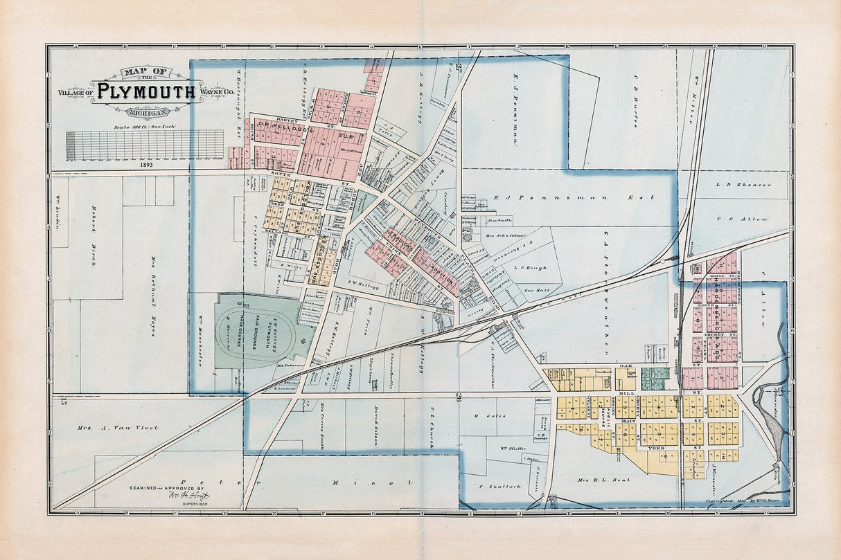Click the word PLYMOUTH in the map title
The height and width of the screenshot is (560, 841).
[x=145, y=91]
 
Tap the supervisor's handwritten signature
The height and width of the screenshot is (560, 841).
[x=187, y=496]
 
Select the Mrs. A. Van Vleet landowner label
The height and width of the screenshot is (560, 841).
[x=118, y=428]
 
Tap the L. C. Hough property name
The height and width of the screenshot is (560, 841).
[x=530, y=267]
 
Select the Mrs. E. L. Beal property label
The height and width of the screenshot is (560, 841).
[x=605, y=479]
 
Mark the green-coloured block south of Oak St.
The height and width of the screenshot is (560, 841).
[x=655, y=378]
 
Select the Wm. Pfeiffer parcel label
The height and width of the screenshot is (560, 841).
[x=513, y=449]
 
